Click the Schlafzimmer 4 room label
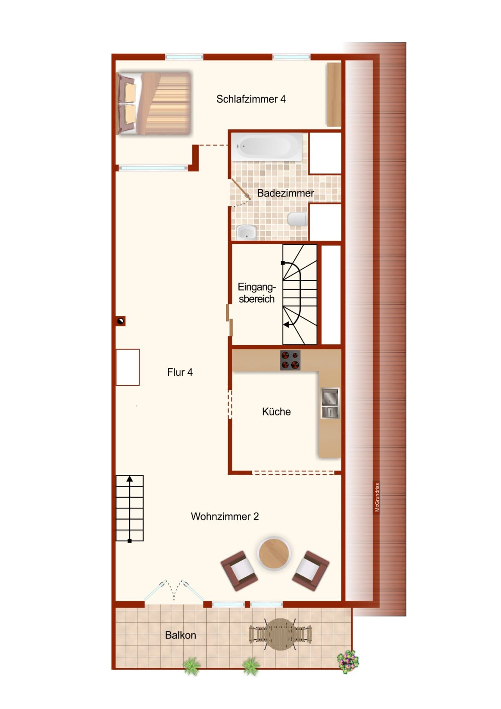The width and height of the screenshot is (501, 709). click(251, 99)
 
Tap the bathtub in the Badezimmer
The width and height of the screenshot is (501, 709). click(267, 147)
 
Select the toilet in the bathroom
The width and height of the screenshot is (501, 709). click(297, 219)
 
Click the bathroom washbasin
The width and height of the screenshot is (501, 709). click(246, 233)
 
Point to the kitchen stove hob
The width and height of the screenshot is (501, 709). click(290, 360)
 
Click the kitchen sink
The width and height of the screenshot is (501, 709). click(330, 403)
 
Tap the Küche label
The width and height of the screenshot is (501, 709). click(276, 412)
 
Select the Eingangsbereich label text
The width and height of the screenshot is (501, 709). click(257, 293)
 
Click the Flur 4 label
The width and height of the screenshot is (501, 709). click(180, 372)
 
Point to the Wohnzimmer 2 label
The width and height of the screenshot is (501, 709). click(225, 516)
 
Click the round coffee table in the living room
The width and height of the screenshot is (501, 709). click(274, 553)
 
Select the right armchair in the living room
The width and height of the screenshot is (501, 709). click(311, 570)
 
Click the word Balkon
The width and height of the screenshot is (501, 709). click(180, 635)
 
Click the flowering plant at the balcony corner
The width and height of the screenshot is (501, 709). click(348, 662)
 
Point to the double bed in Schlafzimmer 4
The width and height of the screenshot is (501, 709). click(154, 103)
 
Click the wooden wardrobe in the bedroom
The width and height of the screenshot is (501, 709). click(334, 94)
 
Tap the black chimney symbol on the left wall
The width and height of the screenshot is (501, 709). click(121, 321)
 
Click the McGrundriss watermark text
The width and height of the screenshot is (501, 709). click(377, 497)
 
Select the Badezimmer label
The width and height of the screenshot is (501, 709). click(285, 193)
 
